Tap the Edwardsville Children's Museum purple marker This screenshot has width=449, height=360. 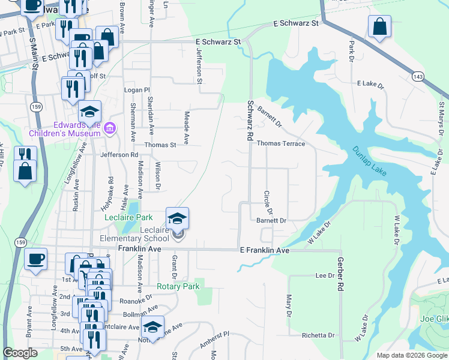point(109,128)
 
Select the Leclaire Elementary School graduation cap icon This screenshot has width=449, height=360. point(178,219)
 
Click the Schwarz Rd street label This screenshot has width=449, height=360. point(250,120)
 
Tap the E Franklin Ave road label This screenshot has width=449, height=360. point(265,250)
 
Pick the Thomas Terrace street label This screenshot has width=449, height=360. point(281,144)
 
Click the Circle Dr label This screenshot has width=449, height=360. point(268,203)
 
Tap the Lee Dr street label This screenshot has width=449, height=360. point(324,275)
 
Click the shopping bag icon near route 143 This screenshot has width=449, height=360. point(379,27)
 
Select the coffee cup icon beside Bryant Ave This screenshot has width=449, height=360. point(35,259)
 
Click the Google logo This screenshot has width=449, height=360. point(20,353)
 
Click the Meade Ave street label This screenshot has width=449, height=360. point(187,127)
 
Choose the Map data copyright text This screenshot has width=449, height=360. point(411,355)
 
